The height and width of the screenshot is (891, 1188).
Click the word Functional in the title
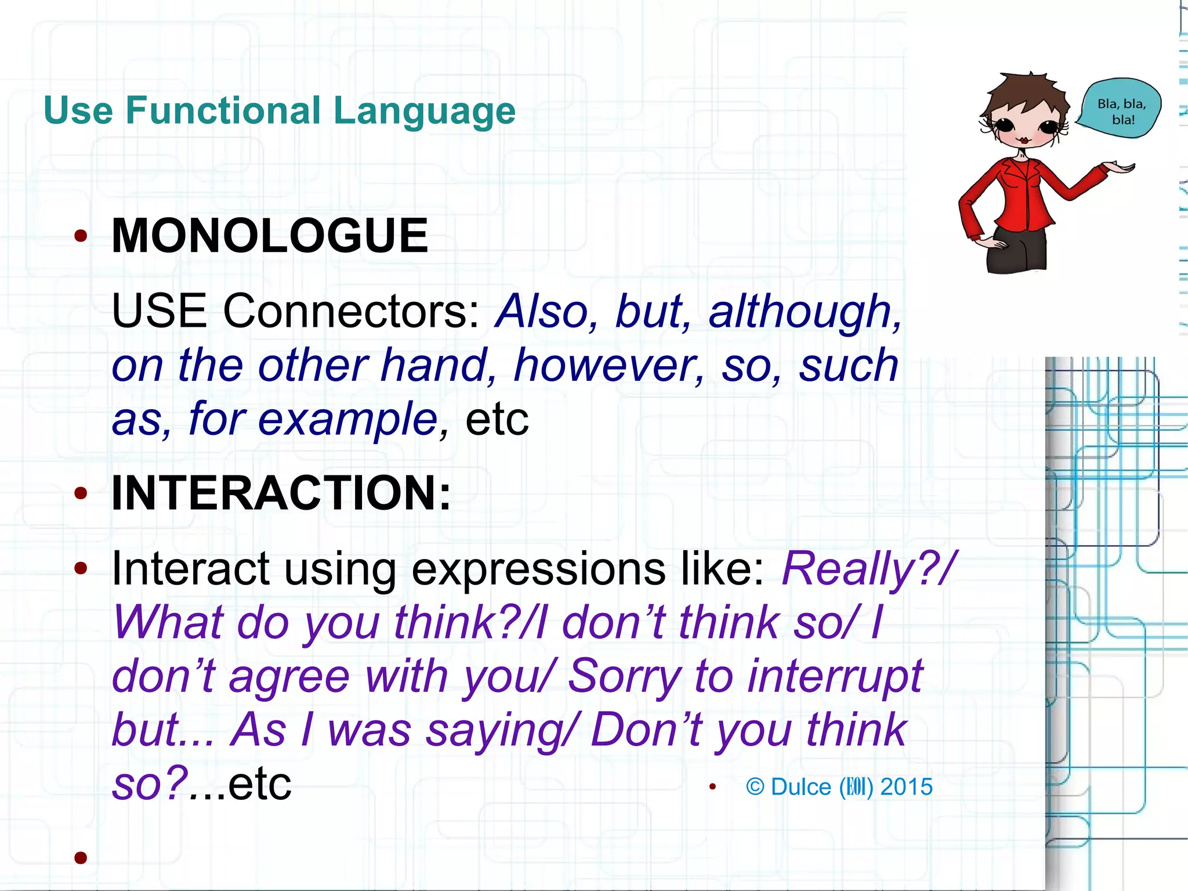[223, 110]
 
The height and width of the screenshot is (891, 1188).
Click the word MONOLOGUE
[270, 236]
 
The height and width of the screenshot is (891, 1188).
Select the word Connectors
[350, 312]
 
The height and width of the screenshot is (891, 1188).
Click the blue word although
[804, 312]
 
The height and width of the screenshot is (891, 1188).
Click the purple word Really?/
[868, 569]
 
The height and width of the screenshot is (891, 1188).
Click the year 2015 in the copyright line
[906, 787]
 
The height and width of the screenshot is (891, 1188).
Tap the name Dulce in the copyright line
[801, 787]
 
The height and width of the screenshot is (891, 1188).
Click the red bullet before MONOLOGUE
[81, 236]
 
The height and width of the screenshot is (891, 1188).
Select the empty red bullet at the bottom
[81, 857]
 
